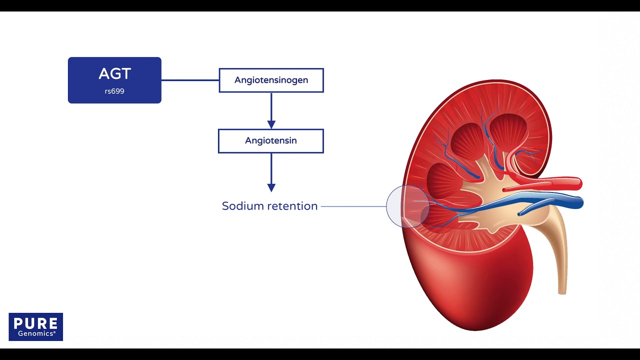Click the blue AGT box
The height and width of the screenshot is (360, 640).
114,80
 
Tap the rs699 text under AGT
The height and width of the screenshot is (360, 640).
114,91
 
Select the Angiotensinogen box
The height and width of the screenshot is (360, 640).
271,80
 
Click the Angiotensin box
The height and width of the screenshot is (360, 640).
271,140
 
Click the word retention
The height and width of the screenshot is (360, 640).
292,206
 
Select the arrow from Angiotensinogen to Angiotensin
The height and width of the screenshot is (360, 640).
271,110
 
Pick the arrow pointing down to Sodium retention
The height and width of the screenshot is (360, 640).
271,172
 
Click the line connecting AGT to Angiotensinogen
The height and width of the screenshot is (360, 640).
190,80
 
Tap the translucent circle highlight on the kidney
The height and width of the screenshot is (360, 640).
407,206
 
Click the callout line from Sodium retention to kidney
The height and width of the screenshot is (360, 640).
353,206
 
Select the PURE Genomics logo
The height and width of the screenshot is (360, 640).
36,326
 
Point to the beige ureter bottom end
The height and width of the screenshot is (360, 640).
562,290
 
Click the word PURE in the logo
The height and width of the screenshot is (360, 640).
36,322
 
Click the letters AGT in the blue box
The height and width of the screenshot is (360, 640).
114,74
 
